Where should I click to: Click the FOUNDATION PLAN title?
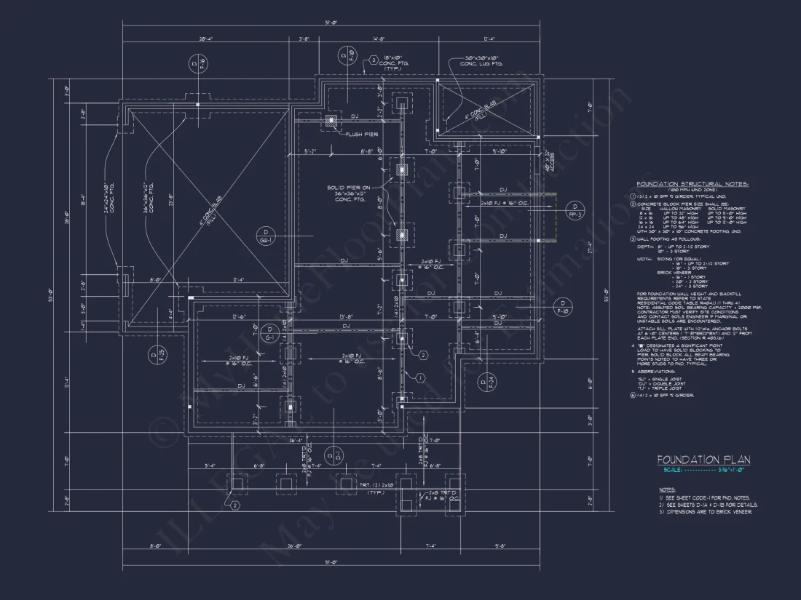(703, 460)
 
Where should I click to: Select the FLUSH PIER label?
(362, 135)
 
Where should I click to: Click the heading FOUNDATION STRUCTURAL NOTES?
(693, 185)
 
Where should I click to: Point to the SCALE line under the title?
(703, 470)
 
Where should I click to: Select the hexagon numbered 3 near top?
(373, 60)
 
